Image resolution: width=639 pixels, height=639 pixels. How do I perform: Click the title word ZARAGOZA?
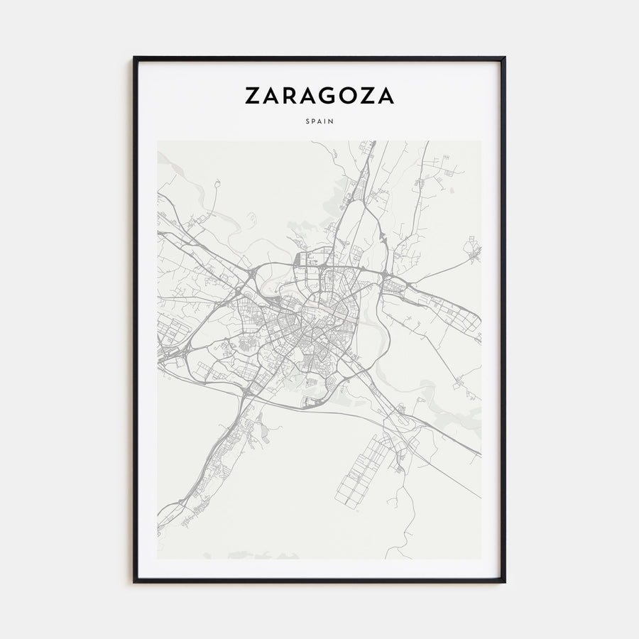pyautogui.click(x=319, y=96)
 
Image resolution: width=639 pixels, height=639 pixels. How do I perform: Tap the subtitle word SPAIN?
pyautogui.click(x=319, y=121)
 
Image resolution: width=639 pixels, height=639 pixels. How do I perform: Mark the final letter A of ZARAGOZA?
pyautogui.click(x=387, y=96)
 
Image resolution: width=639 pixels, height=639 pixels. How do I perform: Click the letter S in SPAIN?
pyautogui.click(x=308, y=121)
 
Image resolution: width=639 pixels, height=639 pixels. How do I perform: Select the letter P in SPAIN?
pyautogui.click(x=314, y=121)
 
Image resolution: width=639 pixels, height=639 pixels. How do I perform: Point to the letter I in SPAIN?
pyautogui.click(x=326, y=121)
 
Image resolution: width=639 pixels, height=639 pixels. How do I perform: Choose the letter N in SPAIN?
pyautogui.click(x=332, y=121)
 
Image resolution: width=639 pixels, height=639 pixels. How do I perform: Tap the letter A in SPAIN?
pyautogui.click(x=320, y=121)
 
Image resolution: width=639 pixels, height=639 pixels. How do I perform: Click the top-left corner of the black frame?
pyautogui.click(x=134, y=58)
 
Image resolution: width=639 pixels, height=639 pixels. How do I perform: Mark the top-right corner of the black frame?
pyautogui.click(x=504, y=58)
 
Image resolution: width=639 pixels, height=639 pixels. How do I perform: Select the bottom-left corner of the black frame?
pyautogui.click(x=134, y=581)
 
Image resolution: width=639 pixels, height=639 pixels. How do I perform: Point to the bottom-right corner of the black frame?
pyautogui.click(x=504, y=581)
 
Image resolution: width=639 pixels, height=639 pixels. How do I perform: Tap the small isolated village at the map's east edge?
pyautogui.click(x=472, y=250)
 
